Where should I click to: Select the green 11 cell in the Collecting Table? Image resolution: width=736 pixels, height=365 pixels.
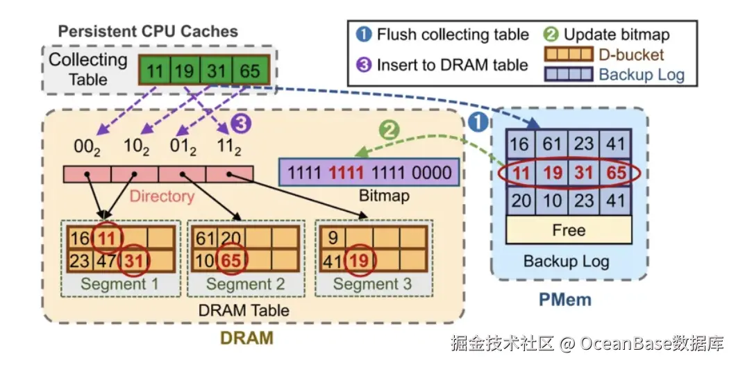pyautogui.click(x=155, y=70)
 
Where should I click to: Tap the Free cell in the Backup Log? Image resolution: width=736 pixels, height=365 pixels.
pyautogui.click(x=568, y=230)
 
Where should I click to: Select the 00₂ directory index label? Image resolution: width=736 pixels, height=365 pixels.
pyautogui.click(x=88, y=146)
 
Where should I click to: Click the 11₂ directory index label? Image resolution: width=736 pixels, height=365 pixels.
pyautogui.click(x=230, y=146)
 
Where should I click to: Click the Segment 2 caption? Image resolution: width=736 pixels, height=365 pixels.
pyautogui.click(x=245, y=285)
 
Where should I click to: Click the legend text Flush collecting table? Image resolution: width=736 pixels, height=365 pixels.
pyautogui.click(x=452, y=35)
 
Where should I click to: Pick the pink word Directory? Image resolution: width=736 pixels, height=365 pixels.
pyautogui.click(x=162, y=196)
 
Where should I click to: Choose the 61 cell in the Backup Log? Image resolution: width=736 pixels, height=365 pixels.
pyautogui.click(x=552, y=144)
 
